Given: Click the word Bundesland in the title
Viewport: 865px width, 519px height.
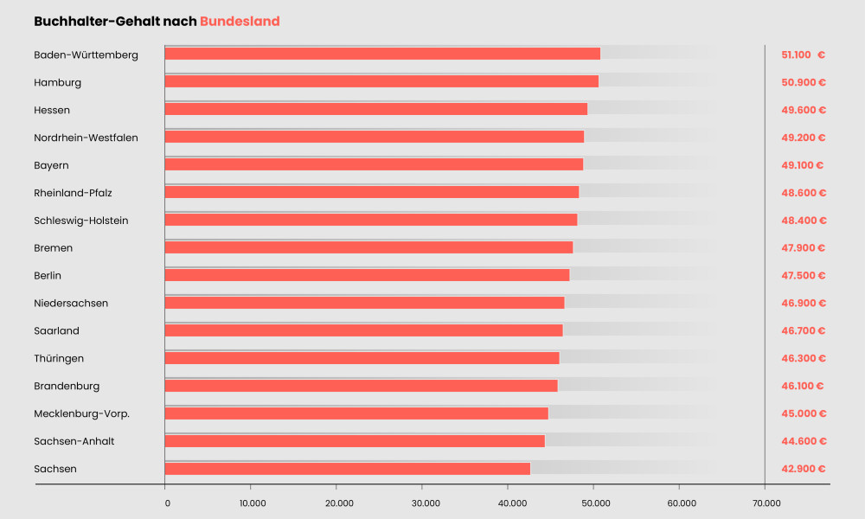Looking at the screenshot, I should tap(240, 21).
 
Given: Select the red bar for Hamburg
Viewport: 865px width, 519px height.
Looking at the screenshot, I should tap(381, 81).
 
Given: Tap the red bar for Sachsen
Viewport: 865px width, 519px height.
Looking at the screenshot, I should tap(347, 469).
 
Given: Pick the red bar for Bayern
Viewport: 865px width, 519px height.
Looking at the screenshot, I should tap(374, 164).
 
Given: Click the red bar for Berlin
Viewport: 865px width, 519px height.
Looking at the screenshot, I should tap(367, 275).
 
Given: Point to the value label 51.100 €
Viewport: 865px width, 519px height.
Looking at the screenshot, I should tap(803, 54).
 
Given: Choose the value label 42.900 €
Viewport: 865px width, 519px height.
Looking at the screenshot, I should tap(803, 469).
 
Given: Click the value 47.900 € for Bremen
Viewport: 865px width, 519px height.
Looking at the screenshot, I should tap(803, 248).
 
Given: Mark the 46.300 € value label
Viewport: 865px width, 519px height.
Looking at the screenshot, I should tap(803, 358).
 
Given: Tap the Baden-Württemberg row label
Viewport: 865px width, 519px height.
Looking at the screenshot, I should tap(86, 54).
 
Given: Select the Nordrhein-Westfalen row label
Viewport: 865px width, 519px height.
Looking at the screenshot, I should tap(86, 138).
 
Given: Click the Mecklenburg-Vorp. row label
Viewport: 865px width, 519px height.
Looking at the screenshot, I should tap(81, 413).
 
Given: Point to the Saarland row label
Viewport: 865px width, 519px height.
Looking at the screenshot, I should tap(56, 330).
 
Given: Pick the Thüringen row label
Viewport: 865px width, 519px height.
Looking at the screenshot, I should tap(59, 358).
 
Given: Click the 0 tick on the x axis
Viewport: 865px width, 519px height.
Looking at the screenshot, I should tap(166, 503).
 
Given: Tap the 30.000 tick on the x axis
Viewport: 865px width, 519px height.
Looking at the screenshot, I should tap(423, 503).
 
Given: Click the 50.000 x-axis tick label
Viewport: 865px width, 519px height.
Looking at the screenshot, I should tap(594, 503).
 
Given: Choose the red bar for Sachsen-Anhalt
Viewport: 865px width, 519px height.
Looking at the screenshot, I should tap(355, 441).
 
